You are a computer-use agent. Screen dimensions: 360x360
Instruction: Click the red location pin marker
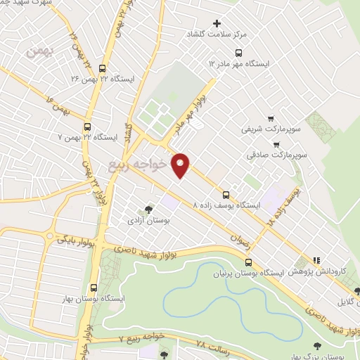[x=181, y=165]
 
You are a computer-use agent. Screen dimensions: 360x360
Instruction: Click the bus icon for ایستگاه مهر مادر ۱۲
[x=239, y=52]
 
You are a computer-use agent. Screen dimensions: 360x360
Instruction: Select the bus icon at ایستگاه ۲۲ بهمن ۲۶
[x=103, y=68]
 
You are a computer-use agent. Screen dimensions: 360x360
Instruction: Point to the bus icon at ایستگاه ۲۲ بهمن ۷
[x=87, y=127]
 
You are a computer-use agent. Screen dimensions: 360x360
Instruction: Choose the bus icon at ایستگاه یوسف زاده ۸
[x=226, y=195]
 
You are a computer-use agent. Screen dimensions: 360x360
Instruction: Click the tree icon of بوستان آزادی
[x=148, y=209]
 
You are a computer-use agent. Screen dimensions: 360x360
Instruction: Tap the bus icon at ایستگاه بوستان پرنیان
[x=247, y=262]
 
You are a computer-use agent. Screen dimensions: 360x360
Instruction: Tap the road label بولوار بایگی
[x=72, y=240]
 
